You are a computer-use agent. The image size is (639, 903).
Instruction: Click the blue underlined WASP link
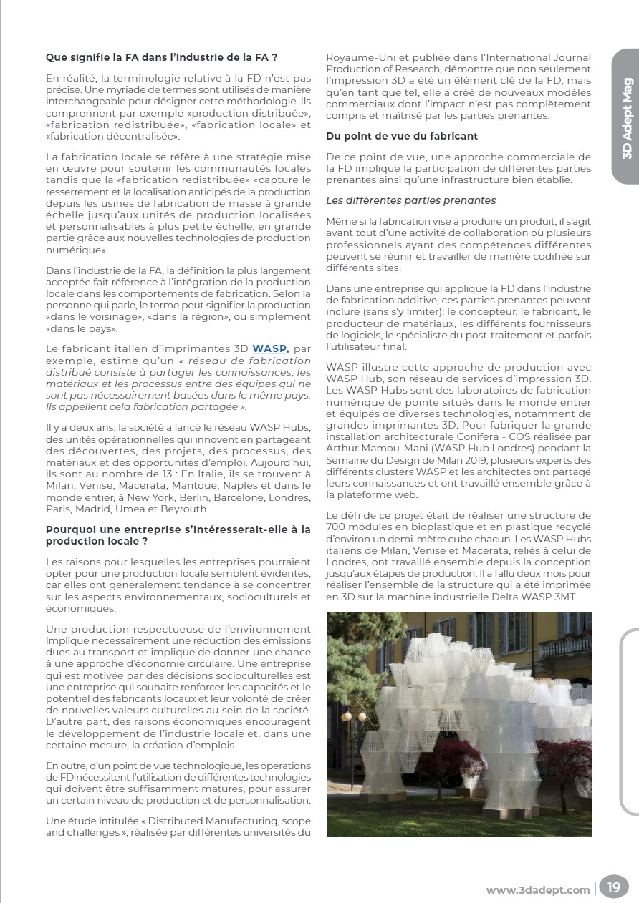pyautogui.click(x=269, y=348)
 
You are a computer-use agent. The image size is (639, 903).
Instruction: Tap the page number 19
pyautogui.click(x=613, y=888)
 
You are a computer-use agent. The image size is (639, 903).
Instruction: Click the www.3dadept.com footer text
pyautogui.click(x=538, y=889)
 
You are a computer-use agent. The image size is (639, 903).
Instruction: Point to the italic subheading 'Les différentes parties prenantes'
pyautogui.click(x=410, y=200)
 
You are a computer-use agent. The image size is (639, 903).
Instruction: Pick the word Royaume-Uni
pyautogui.click(x=355, y=57)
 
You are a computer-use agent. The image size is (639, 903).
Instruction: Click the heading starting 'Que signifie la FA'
pyautogui.click(x=161, y=57)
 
